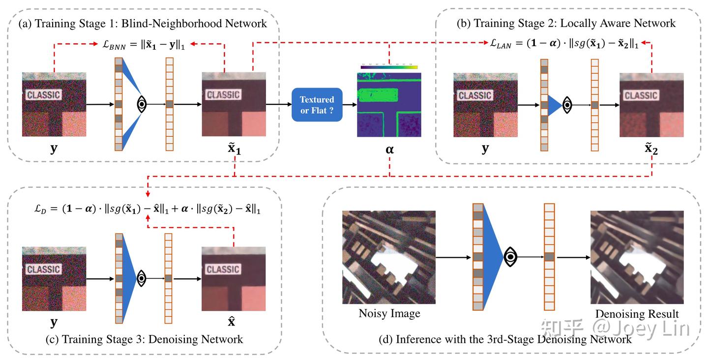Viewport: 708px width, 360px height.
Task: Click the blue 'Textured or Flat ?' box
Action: [x=317, y=105]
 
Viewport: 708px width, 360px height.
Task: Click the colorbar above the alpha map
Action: [x=389, y=66]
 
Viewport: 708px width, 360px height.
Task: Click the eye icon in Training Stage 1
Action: [x=142, y=104]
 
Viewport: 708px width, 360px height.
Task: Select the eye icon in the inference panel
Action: [x=512, y=257]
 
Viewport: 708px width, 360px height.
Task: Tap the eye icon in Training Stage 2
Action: [x=568, y=105]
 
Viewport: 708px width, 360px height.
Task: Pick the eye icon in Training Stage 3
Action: [x=142, y=278]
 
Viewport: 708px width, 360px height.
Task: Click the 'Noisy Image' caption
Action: [x=389, y=313]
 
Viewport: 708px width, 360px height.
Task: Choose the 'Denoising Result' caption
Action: [x=637, y=314]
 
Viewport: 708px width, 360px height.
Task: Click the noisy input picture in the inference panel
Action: [x=389, y=257]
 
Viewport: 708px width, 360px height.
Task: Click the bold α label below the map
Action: [x=389, y=149]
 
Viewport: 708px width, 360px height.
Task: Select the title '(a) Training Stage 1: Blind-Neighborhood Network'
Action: [x=143, y=23]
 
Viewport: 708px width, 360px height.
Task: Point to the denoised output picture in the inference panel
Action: [x=637, y=257]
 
